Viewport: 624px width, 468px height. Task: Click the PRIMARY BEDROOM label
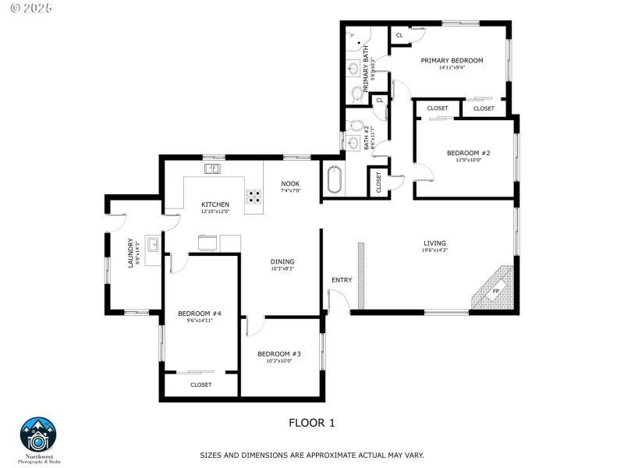pyautogui.click(x=452, y=60)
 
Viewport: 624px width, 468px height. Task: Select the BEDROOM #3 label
pyautogui.click(x=279, y=354)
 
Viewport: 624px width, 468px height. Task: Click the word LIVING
pyautogui.click(x=434, y=243)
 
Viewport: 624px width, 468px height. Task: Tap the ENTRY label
pyautogui.click(x=342, y=280)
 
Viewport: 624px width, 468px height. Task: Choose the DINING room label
pyautogui.click(x=282, y=261)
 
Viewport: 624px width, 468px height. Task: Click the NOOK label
pyautogui.click(x=290, y=184)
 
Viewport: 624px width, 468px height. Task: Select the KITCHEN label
pyautogui.click(x=215, y=204)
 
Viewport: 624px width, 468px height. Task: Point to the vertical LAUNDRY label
pyautogui.click(x=131, y=253)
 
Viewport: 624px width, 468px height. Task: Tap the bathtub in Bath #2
pyautogui.click(x=334, y=180)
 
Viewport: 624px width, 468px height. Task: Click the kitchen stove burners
pyautogui.click(x=254, y=197)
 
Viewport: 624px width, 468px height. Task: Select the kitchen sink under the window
pyautogui.click(x=213, y=168)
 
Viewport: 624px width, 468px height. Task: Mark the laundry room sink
pyautogui.click(x=154, y=246)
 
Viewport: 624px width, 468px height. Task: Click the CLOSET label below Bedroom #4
pyautogui.click(x=200, y=385)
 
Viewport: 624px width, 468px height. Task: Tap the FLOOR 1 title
pyautogui.click(x=311, y=424)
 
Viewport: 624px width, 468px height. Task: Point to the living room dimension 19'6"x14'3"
pyautogui.click(x=434, y=250)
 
